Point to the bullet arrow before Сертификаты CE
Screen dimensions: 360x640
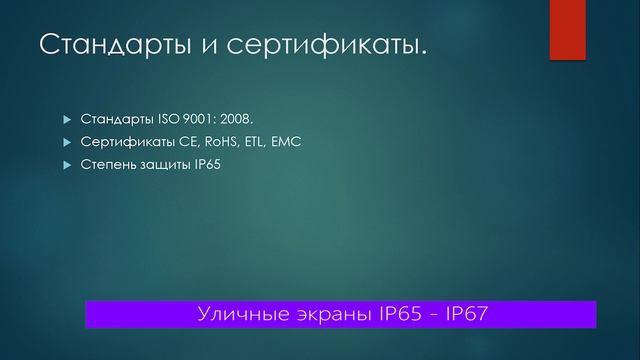[68, 142]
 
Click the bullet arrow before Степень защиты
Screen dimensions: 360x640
[68, 164]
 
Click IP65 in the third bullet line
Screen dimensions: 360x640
[207, 164]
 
